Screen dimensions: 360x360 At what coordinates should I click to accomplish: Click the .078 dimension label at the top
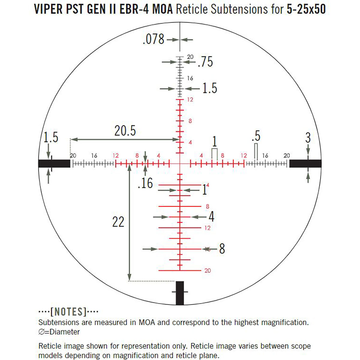(154, 39)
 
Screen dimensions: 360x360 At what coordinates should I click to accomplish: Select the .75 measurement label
(205, 62)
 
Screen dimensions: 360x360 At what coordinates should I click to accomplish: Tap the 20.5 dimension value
(125, 131)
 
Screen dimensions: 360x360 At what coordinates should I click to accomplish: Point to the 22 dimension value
(118, 222)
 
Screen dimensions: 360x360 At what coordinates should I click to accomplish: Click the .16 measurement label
(145, 183)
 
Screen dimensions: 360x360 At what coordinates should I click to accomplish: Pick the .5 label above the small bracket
(256, 136)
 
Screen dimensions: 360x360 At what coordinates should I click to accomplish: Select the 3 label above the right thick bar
(308, 138)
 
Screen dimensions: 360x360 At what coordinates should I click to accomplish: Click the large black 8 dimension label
(222, 249)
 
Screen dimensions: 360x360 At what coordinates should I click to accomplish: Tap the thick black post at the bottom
(180, 293)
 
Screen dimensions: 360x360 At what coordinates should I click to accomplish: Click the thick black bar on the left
(54, 163)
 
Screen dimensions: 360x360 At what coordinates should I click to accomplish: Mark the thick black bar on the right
(305, 163)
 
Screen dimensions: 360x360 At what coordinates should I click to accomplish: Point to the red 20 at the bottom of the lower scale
(208, 271)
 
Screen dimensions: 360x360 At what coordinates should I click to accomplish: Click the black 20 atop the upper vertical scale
(190, 57)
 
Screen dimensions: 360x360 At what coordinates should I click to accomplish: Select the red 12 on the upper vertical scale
(190, 100)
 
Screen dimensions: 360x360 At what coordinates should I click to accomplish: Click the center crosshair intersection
(180, 163)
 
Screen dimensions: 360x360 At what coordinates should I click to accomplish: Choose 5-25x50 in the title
(306, 10)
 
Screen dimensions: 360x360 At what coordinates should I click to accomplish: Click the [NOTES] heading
(68, 312)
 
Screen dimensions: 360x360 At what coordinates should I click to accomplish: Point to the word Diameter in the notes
(65, 332)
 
